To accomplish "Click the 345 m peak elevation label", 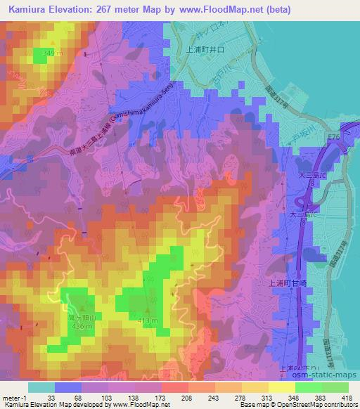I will pos(43,53).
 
